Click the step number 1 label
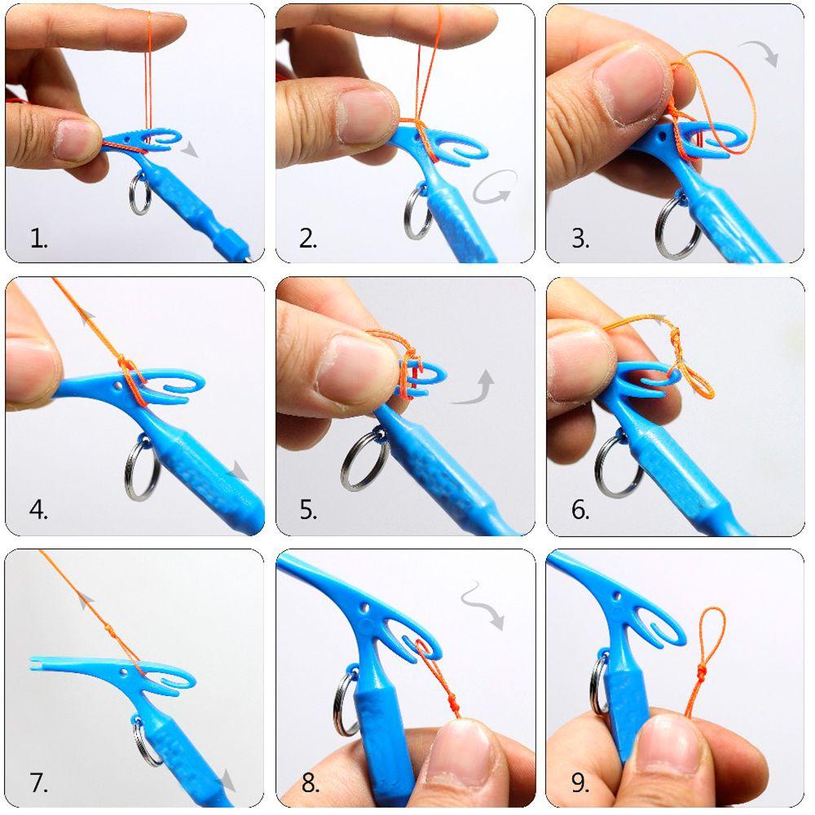[x=39, y=239]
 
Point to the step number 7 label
[x=39, y=783]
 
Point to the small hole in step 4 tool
[x=124, y=380]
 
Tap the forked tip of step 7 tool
[x=37, y=664]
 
